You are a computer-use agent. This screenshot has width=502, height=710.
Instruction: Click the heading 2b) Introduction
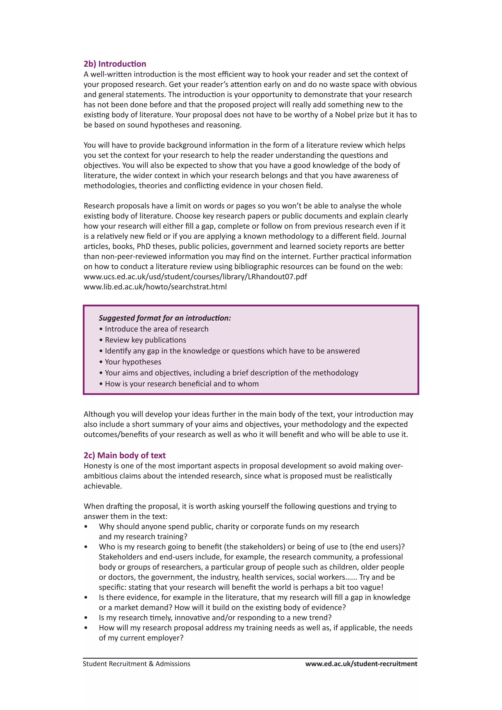click(115, 64)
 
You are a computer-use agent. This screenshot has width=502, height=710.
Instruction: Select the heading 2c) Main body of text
click(125, 456)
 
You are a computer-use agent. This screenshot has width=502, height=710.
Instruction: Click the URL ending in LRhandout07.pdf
click(195, 277)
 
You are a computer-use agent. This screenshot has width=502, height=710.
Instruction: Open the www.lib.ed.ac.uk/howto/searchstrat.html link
click(155, 287)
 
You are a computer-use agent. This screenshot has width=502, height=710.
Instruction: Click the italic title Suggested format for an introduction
click(165, 318)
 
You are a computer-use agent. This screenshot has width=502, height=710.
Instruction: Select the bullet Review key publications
click(145, 340)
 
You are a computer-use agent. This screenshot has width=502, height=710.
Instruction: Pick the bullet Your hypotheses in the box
click(133, 362)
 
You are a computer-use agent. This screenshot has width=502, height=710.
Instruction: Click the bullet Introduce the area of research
click(156, 329)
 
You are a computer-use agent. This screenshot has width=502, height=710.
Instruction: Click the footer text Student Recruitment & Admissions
click(136, 664)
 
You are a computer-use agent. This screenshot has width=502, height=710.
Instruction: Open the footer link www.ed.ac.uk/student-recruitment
click(361, 664)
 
